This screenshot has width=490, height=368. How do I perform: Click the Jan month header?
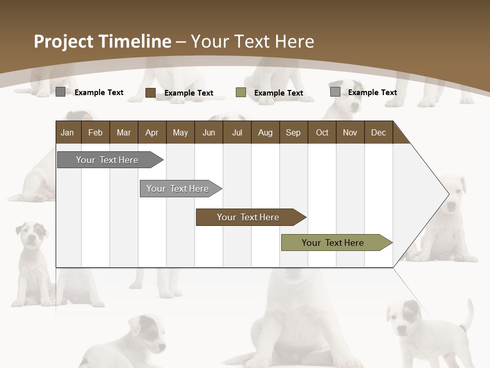67,133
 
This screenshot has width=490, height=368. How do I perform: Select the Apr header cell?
152,133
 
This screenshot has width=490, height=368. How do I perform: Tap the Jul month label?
237,133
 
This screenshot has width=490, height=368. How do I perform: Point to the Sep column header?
293,133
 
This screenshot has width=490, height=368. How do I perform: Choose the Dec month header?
378,133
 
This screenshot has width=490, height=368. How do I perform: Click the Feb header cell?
95,133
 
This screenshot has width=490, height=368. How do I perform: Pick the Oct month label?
322,133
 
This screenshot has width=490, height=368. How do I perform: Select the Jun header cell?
209,133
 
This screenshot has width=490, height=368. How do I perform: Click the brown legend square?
150,93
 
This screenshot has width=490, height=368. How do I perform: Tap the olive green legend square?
241,93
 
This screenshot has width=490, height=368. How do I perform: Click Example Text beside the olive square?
278,93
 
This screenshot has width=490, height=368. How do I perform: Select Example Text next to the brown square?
188,93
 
